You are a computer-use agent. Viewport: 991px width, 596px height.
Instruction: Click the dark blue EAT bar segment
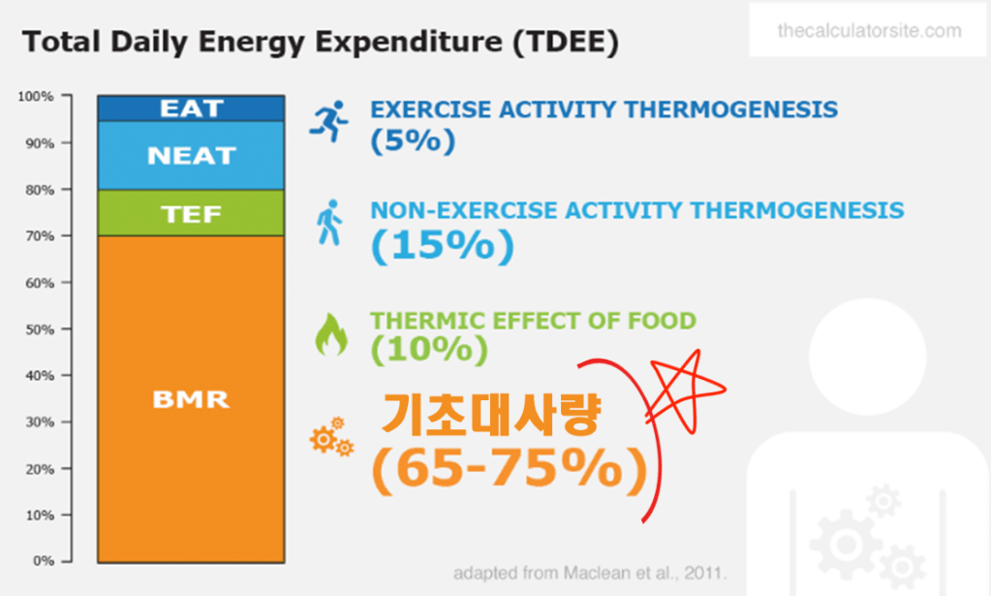coord(191,109)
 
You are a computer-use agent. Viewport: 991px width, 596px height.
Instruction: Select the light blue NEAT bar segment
coord(191,155)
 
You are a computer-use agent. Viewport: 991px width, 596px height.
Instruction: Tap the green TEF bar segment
coord(191,213)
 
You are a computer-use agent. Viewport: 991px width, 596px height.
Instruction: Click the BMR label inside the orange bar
coord(190,399)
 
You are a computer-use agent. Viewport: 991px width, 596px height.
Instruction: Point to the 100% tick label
coord(36,96)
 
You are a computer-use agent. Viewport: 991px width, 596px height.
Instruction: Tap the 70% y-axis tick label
coord(39,236)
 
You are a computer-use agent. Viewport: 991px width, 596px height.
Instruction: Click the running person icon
coord(328,121)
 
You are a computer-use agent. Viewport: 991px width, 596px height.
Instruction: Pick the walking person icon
coord(329,223)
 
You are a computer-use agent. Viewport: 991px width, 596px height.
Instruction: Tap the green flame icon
coord(331,334)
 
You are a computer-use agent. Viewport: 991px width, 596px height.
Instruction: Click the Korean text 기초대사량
coord(490,414)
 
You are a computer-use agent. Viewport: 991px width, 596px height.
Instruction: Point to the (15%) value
coord(443,245)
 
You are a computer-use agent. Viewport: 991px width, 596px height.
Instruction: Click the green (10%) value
coord(429,349)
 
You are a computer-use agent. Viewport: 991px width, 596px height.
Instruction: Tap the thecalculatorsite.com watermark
coord(869,30)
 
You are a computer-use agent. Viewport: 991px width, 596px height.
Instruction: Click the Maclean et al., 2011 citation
coord(590,574)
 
